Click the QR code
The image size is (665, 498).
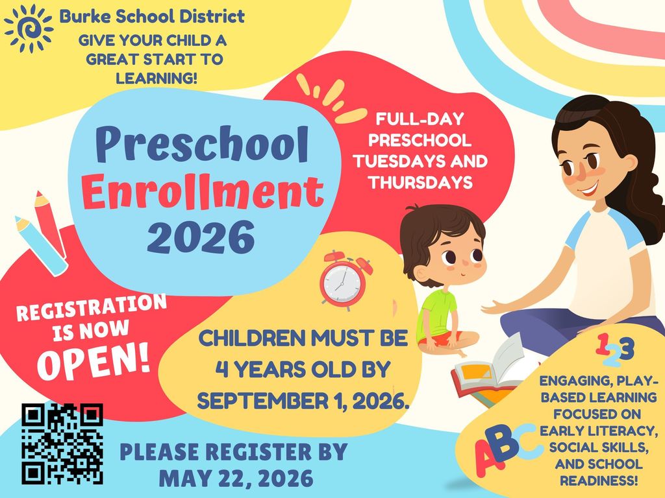(x=62, y=444)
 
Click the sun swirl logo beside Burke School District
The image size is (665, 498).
(x=28, y=28)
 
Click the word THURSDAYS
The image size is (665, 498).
(x=420, y=183)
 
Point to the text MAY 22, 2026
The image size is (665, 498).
(x=236, y=479)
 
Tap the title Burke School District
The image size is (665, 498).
(x=152, y=16)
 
